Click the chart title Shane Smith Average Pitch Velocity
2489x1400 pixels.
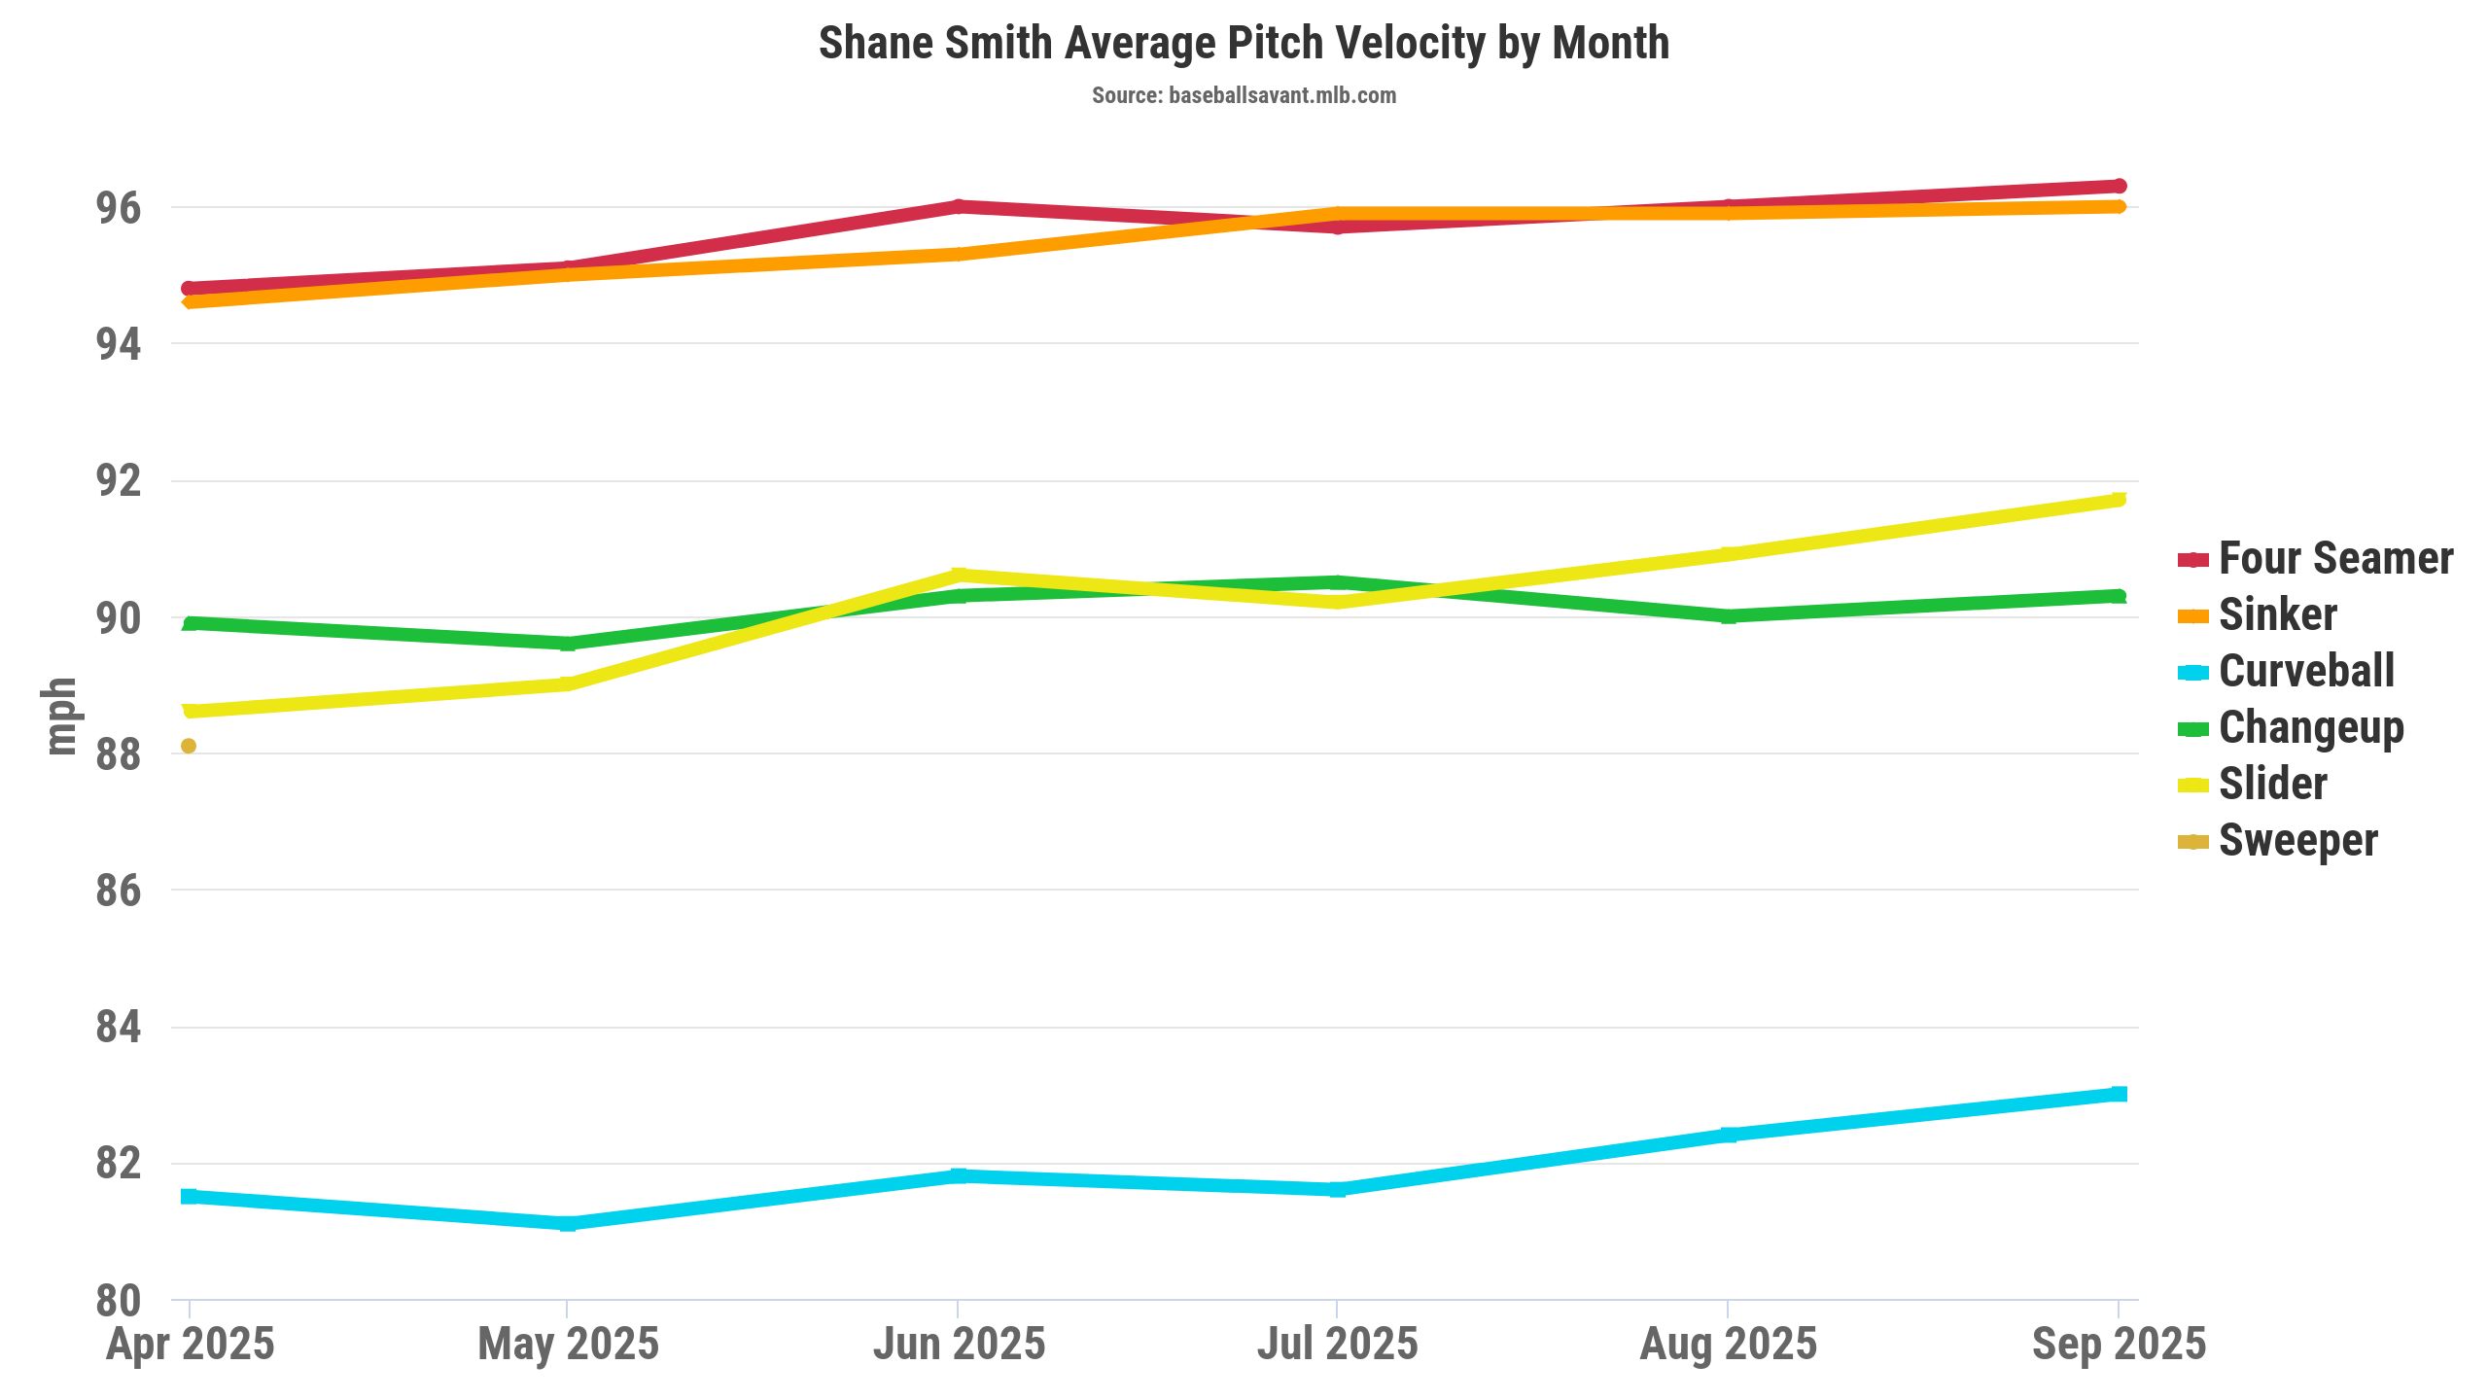point(1244,44)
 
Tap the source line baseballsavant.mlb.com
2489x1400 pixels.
point(1244,95)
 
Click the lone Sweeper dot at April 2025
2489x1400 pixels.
point(189,746)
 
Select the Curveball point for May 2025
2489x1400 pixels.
point(568,1224)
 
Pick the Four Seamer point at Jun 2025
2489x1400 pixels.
point(959,206)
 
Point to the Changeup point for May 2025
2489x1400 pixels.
point(568,644)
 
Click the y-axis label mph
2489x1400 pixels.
point(60,717)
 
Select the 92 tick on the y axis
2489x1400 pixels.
point(118,481)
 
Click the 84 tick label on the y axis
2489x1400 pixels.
point(118,1028)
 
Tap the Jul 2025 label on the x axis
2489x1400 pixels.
point(1337,1345)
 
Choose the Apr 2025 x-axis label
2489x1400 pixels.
point(191,1345)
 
